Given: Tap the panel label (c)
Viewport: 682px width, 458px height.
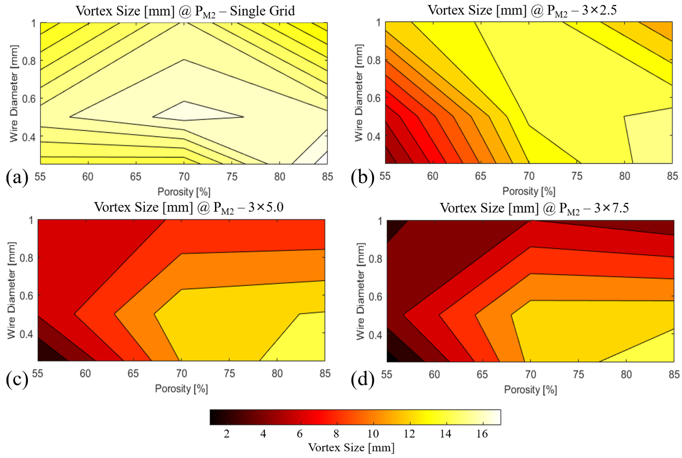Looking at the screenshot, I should (x=17, y=379).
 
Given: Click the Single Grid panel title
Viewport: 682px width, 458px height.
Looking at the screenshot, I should (x=185, y=11).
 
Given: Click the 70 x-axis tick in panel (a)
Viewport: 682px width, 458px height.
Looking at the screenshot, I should (x=184, y=177).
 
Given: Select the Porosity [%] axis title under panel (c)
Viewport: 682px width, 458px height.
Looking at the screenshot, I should (x=181, y=389).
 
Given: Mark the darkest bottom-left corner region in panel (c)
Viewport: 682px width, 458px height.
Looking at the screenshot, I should (x=47, y=355).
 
